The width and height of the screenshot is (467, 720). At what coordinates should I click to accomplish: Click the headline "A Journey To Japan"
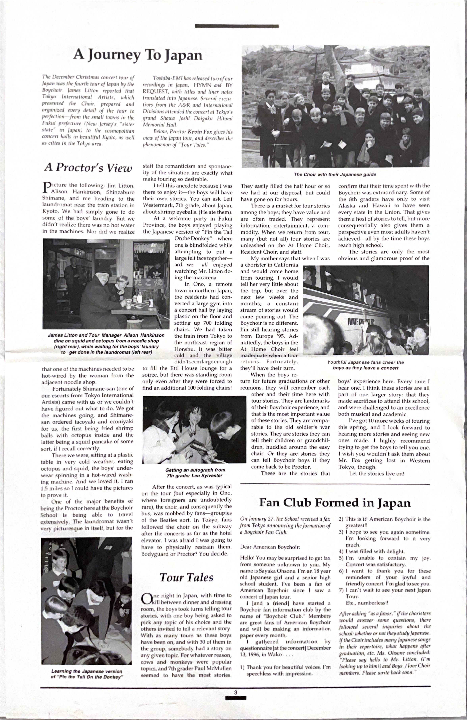(138, 55)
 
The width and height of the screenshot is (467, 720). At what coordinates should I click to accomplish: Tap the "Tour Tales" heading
(186, 577)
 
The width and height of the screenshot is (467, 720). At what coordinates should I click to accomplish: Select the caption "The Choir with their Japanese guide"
(335, 175)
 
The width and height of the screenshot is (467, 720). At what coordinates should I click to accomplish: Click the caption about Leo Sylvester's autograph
(195, 473)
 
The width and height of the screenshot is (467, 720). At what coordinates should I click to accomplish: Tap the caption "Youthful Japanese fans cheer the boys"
(366, 365)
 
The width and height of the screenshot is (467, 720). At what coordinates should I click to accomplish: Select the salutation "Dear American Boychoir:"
(270, 547)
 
